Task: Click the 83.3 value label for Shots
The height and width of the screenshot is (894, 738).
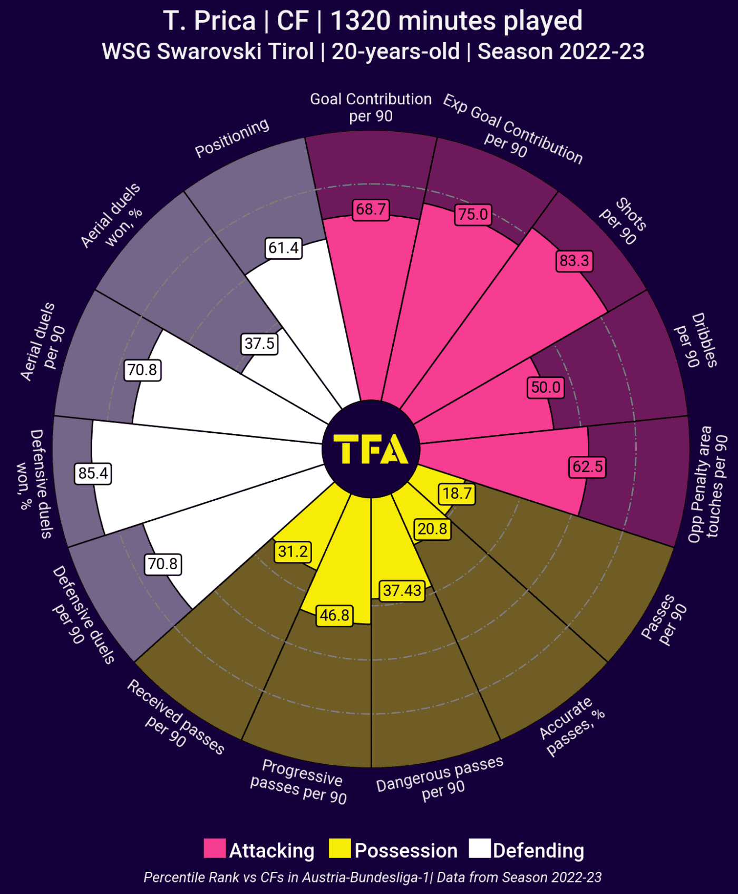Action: [x=574, y=261]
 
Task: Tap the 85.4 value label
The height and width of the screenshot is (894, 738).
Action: [x=93, y=473]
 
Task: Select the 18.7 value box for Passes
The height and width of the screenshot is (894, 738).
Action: [x=457, y=493]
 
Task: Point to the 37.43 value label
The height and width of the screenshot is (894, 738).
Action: [x=402, y=590]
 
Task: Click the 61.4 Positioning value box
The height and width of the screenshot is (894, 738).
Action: [x=284, y=248]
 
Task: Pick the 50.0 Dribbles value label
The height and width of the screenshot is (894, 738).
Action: [x=546, y=387]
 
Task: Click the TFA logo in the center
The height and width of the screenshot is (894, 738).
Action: [x=371, y=449]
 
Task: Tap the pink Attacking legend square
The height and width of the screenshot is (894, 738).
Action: [x=215, y=848]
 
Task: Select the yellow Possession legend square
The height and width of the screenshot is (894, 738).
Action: [x=339, y=848]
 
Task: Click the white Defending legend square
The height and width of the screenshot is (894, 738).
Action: [x=480, y=848]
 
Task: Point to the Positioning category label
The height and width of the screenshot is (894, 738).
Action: [x=232, y=138]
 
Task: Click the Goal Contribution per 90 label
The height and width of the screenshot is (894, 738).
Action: [x=371, y=108]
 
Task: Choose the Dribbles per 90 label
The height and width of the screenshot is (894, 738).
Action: [x=696, y=340]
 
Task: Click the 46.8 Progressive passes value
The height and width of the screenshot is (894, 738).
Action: [x=335, y=615]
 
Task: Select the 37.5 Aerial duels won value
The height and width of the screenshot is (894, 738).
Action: [x=260, y=344]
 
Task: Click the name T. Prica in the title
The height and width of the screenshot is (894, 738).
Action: [x=209, y=21]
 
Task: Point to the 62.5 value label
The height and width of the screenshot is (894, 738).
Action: [x=588, y=467]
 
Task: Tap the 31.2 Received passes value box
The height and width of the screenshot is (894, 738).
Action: [x=293, y=552]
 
